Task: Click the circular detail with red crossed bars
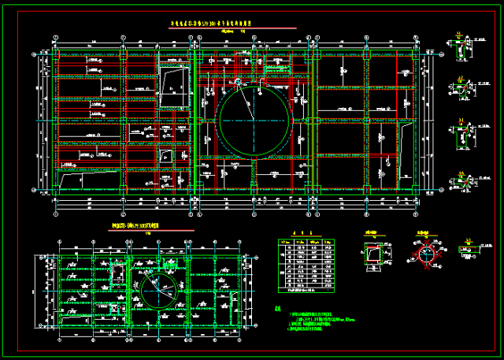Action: [427, 254]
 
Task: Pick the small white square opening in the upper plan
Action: [166, 155]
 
